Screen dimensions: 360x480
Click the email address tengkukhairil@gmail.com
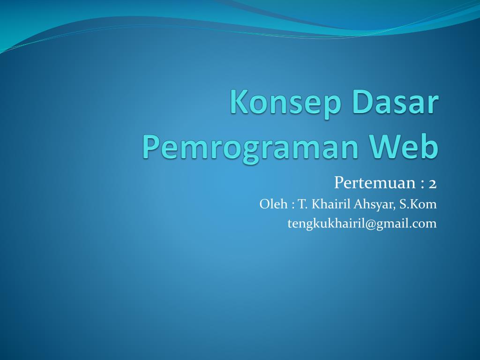[362, 224]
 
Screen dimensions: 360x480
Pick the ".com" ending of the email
[425, 224]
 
